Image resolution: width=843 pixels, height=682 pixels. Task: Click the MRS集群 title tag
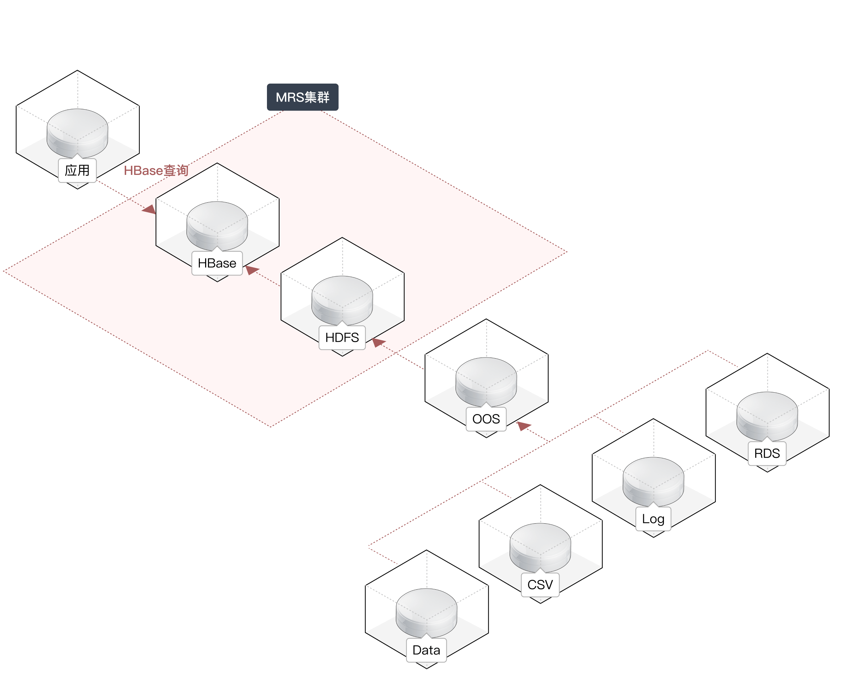[x=302, y=97]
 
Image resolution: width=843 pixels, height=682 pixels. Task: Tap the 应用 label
[x=77, y=171]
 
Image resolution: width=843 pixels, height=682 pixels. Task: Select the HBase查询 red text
[x=156, y=171]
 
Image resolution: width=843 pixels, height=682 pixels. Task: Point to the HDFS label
[x=342, y=337]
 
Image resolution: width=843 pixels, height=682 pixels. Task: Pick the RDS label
[x=767, y=453]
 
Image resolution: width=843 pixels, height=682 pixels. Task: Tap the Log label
[x=653, y=519]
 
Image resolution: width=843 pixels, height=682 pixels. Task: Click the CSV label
[x=540, y=585]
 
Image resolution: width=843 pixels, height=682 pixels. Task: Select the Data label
[x=426, y=650]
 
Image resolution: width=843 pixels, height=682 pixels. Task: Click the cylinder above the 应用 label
[x=77, y=133]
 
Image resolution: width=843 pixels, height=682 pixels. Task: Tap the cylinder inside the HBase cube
[x=217, y=225]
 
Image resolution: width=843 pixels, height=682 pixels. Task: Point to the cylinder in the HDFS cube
[x=342, y=300]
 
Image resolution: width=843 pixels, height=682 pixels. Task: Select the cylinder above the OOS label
[x=486, y=381]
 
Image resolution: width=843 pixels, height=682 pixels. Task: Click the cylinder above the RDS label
[x=767, y=416]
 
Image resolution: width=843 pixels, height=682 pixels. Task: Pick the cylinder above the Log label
[x=653, y=481]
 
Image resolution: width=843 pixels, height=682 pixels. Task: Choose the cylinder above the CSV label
[x=540, y=547]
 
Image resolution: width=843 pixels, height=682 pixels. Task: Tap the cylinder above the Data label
[x=426, y=612]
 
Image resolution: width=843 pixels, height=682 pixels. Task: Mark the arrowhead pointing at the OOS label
[x=523, y=426]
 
